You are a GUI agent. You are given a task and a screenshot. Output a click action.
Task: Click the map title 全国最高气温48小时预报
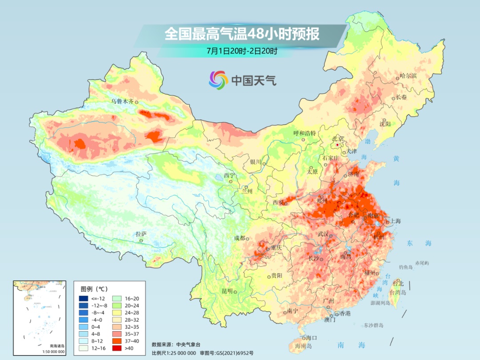tap(242, 34)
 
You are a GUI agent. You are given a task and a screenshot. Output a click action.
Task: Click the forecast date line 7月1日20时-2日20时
tap(242, 51)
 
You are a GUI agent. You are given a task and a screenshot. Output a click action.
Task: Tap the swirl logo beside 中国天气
tap(218, 80)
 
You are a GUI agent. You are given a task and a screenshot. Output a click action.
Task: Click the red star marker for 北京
tap(338, 145)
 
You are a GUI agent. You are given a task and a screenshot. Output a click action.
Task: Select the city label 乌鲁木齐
tap(122, 101)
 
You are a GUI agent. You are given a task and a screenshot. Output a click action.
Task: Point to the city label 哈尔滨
tap(408, 76)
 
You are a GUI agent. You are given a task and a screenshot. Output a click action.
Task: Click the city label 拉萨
tap(141, 234)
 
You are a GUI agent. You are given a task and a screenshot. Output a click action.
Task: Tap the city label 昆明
tap(227, 291)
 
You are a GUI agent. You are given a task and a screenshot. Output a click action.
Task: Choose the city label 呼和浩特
tap(304, 133)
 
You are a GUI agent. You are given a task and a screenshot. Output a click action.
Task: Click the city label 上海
tap(395, 221)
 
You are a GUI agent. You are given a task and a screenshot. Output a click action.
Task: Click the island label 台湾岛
tap(398, 292)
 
